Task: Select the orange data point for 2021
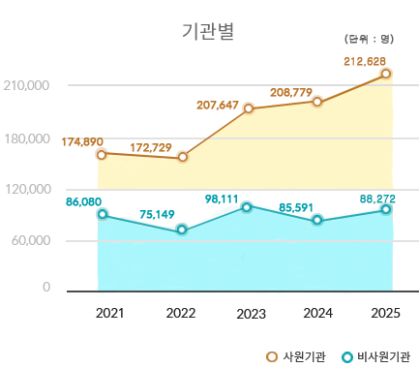point(102,154)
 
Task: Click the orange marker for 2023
point(249,108)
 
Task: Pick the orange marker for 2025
point(386,74)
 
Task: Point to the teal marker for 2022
point(181,230)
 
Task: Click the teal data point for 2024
point(317,221)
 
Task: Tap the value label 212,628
point(365,62)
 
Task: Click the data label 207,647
point(217,105)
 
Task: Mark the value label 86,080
point(84,201)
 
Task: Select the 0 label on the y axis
point(45,288)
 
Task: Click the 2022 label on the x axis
point(181,313)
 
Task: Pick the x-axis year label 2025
point(385,313)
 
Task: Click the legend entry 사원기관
point(296,356)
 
